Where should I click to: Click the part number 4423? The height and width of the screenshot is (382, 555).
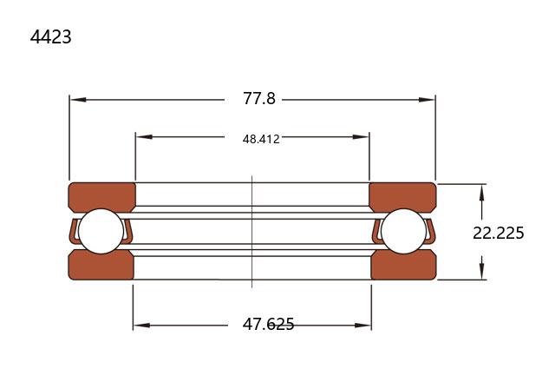(x=50, y=36)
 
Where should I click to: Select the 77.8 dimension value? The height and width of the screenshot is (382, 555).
(x=259, y=98)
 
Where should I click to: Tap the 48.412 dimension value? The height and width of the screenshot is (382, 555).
(x=261, y=139)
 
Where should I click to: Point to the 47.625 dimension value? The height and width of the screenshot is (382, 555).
(x=268, y=324)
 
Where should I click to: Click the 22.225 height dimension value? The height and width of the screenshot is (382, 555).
(x=499, y=233)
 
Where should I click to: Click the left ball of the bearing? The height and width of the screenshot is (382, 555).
(x=101, y=231)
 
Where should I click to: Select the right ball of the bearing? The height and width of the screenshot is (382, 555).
(x=403, y=231)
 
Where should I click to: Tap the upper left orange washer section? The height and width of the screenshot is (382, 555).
(x=102, y=196)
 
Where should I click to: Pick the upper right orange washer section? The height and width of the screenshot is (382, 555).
(x=402, y=196)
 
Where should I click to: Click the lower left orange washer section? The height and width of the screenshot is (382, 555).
(x=101, y=266)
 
